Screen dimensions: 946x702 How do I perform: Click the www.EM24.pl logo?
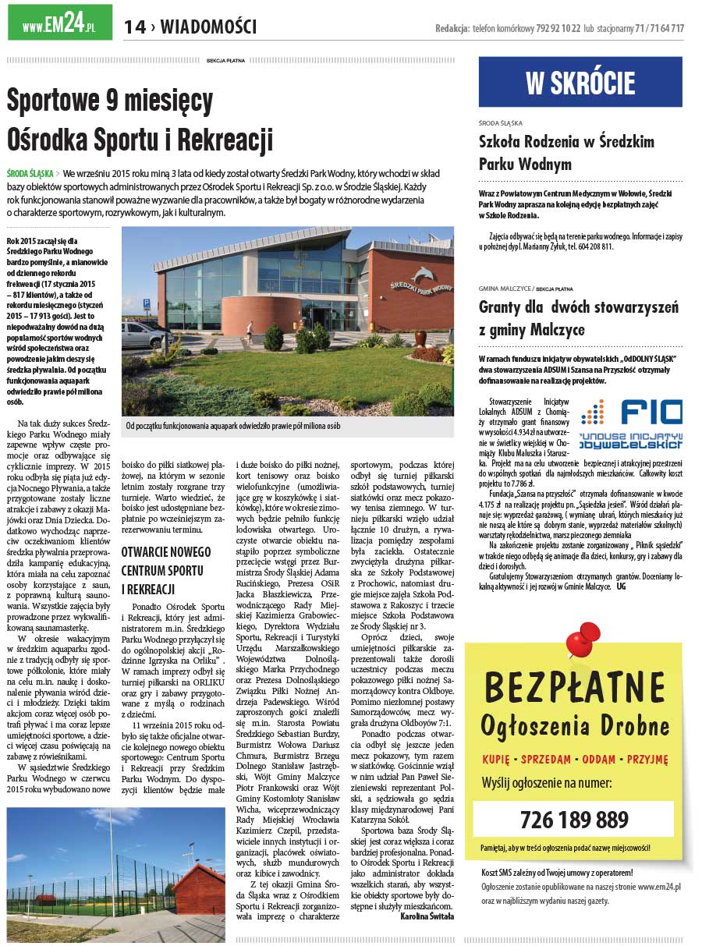pyautogui.click(x=58, y=23)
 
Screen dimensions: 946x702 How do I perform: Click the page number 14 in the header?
pyautogui.click(x=134, y=27)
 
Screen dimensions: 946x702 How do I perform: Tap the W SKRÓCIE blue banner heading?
pyautogui.click(x=580, y=83)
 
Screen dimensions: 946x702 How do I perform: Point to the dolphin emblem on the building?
pyautogui.click(x=423, y=275)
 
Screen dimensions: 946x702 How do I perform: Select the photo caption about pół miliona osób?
pyautogui.click(x=233, y=426)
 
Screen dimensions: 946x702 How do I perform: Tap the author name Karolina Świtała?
pyautogui.click(x=427, y=916)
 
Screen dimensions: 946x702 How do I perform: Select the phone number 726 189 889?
pyautogui.click(x=573, y=820)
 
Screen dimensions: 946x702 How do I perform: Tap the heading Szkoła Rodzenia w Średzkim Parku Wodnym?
pyautogui.click(x=566, y=153)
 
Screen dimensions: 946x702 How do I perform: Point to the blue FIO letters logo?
pyautogui.click(x=651, y=412)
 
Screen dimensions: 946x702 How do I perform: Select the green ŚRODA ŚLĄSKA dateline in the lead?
pyautogui.click(x=30, y=173)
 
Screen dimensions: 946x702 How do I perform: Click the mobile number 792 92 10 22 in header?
pyautogui.click(x=558, y=29)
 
